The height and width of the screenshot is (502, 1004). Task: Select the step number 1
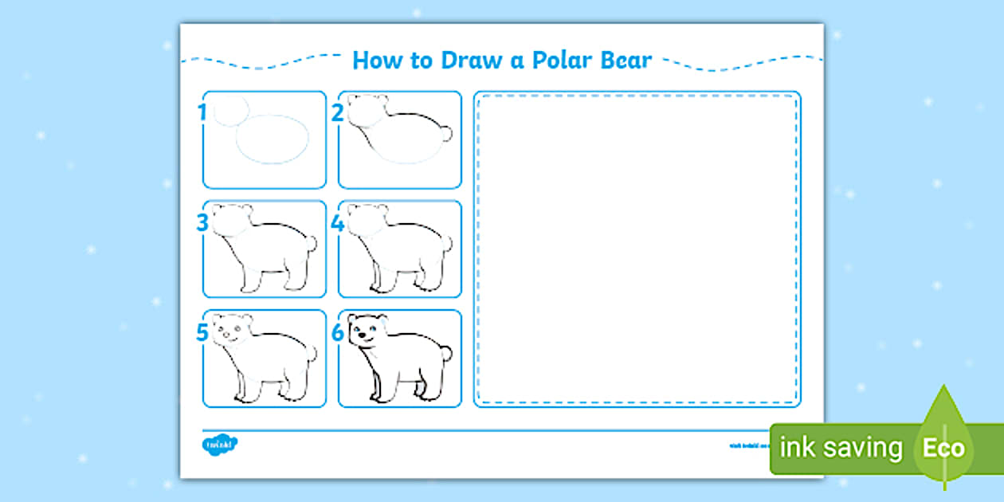[x=202, y=113]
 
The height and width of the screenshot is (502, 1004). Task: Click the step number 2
[x=338, y=113]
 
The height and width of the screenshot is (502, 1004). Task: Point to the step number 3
[x=202, y=223]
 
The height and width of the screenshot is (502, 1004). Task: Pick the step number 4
[x=338, y=223]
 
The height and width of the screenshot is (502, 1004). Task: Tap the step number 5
[x=202, y=332]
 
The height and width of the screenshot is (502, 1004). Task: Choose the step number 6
[x=338, y=332]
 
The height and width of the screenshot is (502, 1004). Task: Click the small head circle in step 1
[x=230, y=112]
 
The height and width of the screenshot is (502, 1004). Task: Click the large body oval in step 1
[x=272, y=139]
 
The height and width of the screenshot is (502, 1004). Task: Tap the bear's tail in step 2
[x=446, y=134]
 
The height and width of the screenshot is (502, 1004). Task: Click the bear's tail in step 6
[x=446, y=352]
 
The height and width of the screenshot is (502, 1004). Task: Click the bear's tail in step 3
[x=311, y=243]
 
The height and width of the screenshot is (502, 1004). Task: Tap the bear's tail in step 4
[x=446, y=243]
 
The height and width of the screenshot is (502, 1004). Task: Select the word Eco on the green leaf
[x=943, y=449]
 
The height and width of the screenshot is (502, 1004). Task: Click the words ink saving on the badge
[x=841, y=449]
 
